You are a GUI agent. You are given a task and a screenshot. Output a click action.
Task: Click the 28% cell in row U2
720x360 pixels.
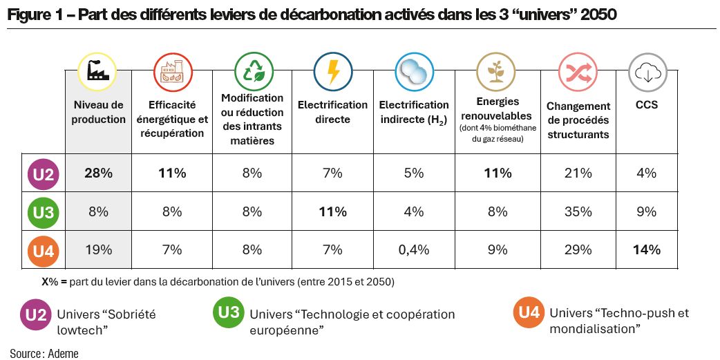tap(98, 173)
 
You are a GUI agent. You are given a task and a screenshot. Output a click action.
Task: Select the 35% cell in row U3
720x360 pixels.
tap(578, 212)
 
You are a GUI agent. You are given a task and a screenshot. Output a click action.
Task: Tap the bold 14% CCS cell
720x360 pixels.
tap(646, 249)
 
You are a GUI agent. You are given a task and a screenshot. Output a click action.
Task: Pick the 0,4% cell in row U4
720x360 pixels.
tap(414, 249)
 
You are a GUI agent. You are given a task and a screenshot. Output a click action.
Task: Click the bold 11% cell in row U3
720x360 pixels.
tap(332, 212)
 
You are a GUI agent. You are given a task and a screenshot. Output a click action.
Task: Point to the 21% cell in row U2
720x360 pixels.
tap(578, 173)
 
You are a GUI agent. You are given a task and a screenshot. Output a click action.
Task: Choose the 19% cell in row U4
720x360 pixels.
tap(98, 249)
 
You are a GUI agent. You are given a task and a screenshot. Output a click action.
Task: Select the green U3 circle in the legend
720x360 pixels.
tap(229, 313)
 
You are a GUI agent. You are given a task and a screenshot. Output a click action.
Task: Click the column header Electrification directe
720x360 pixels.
tap(332, 112)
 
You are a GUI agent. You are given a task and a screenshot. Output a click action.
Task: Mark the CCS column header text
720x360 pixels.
tap(646, 106)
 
